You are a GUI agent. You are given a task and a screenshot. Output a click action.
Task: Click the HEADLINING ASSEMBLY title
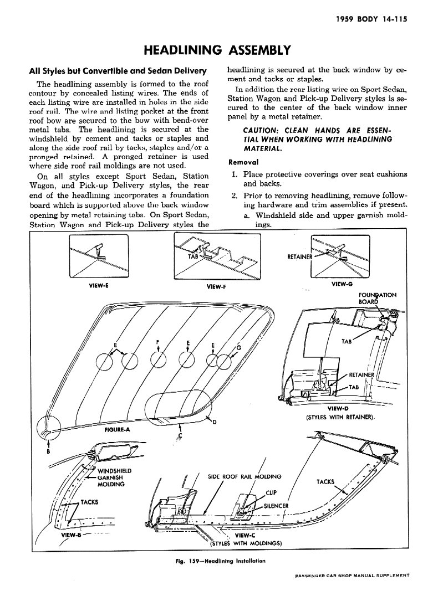point(217,51)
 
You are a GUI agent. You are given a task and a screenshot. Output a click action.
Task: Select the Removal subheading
point(243,162)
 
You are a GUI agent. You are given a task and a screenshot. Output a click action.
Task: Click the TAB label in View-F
point(192,256)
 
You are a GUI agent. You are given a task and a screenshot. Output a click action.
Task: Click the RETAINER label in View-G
point(299,257)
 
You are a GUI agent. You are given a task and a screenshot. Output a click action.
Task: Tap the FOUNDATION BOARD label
point(378,298)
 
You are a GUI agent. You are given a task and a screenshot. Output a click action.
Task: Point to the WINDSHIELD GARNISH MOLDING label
point(114,477)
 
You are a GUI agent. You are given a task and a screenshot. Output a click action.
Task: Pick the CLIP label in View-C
point(271,492)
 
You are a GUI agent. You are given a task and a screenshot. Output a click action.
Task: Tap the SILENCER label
point(277,506)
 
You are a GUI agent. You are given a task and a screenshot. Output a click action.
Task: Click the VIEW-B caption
point(72,536)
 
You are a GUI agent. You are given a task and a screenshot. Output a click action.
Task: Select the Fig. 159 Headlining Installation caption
point(220,561)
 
